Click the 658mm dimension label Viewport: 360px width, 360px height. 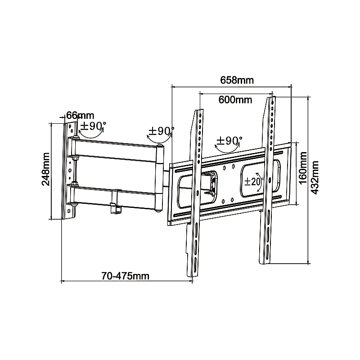point(237,80)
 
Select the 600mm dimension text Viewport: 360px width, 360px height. point(235,99)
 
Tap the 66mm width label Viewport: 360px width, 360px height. point(80,116)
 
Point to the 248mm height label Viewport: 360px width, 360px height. point(46,169)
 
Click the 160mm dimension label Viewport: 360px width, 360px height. point(303,167)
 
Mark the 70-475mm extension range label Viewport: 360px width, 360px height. point(126,276)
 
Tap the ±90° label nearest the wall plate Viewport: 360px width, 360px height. point(93,126)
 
